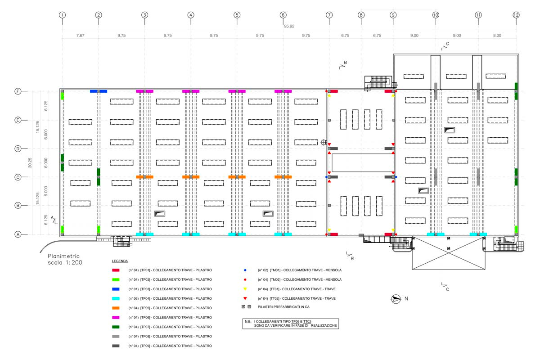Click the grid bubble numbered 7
pos(329,15)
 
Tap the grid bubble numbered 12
pos(516,15)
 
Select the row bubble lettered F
pos(18,91)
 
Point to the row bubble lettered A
pos(18,234)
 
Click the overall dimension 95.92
pos(289,26)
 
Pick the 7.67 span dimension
pos(80,36)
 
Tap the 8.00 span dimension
pos(497,36)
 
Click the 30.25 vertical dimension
pos(30,163)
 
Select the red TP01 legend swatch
pos(116,270)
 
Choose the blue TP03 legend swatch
pos(116,289)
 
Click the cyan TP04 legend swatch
pos(116,298)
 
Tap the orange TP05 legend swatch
pos(116,308)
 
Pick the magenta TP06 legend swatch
pos(116,318)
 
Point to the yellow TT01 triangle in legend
pos(245,289)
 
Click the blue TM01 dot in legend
pos(245,270)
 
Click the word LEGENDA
pos(120,261)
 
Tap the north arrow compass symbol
pos(396,299)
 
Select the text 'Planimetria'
pos(63,256)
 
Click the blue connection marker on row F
pos(99,91)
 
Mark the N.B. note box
pos(291,324)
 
